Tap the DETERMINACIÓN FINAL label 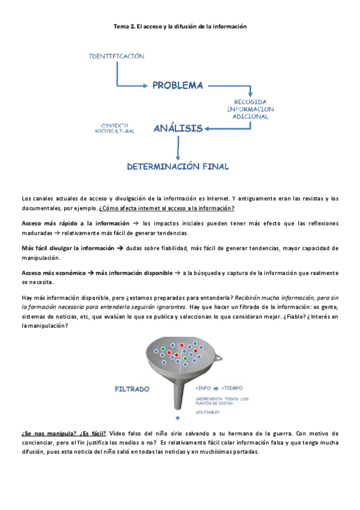[177, 165]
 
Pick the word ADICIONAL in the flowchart [250, 117]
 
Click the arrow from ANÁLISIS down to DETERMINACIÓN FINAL [178, 147]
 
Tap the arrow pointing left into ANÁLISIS [216, 127]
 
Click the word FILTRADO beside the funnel [132, 390]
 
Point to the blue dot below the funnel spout [177, 417]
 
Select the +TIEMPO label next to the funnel [233, 388]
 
